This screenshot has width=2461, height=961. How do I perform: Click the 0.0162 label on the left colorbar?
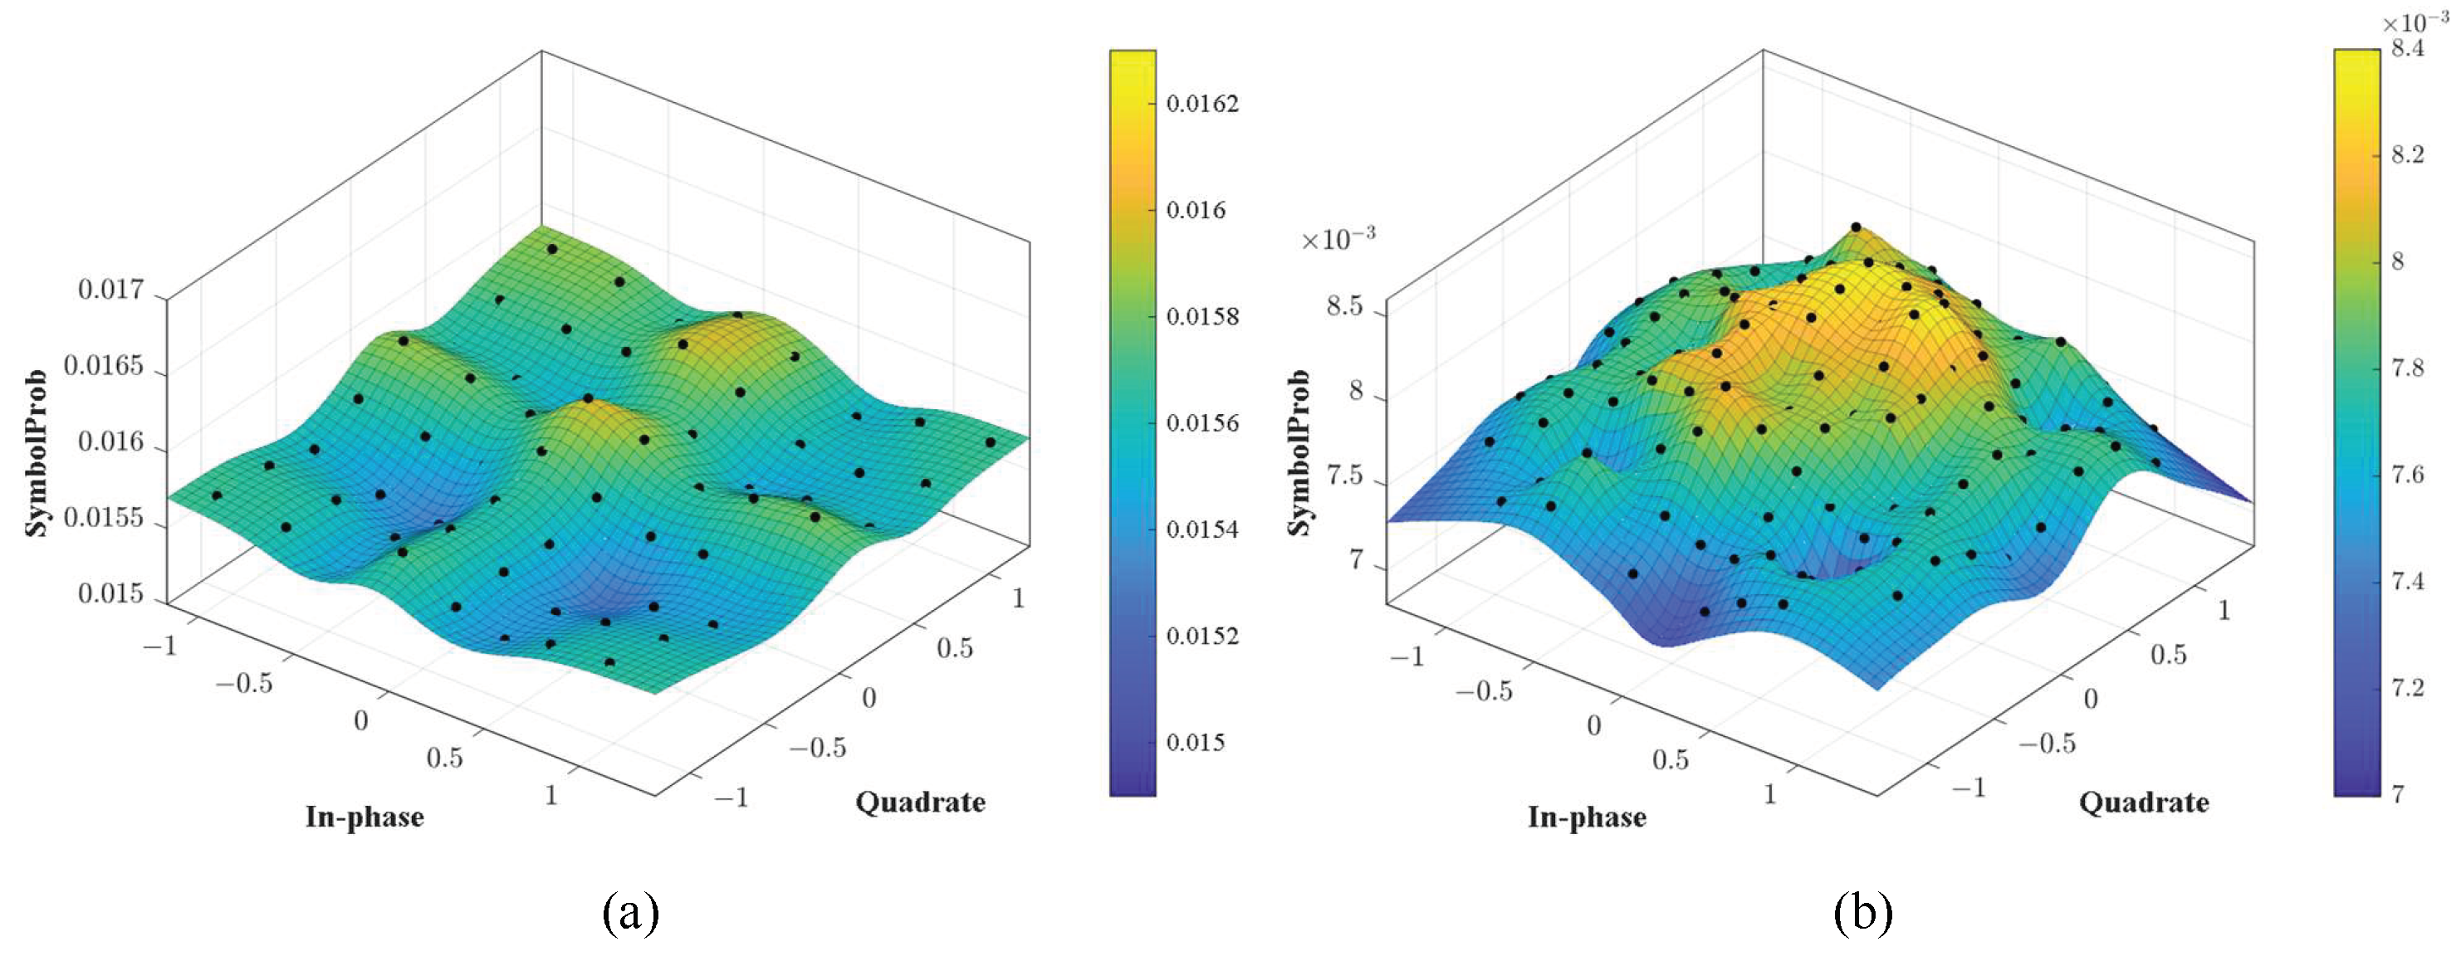pos(1201,103)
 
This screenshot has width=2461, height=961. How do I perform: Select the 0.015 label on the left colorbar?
pos(1195,742)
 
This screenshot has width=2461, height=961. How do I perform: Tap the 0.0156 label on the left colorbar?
pos(1201,422)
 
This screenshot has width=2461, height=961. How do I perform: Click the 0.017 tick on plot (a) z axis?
pos(110,290)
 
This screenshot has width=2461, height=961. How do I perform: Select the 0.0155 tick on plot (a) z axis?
pos(103,518)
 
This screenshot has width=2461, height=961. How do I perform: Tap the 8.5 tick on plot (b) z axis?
pos(1344,307)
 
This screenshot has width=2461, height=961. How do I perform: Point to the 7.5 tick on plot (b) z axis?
pos(1344,475)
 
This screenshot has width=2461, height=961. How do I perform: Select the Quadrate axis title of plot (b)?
pos(2143,802)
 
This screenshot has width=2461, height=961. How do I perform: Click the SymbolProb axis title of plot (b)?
pos(1299,453)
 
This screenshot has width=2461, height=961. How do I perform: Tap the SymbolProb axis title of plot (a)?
pos(37,453)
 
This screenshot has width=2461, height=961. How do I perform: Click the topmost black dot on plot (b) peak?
pos(1856,227)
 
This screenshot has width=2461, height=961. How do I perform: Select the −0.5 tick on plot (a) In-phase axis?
pos(245,684)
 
